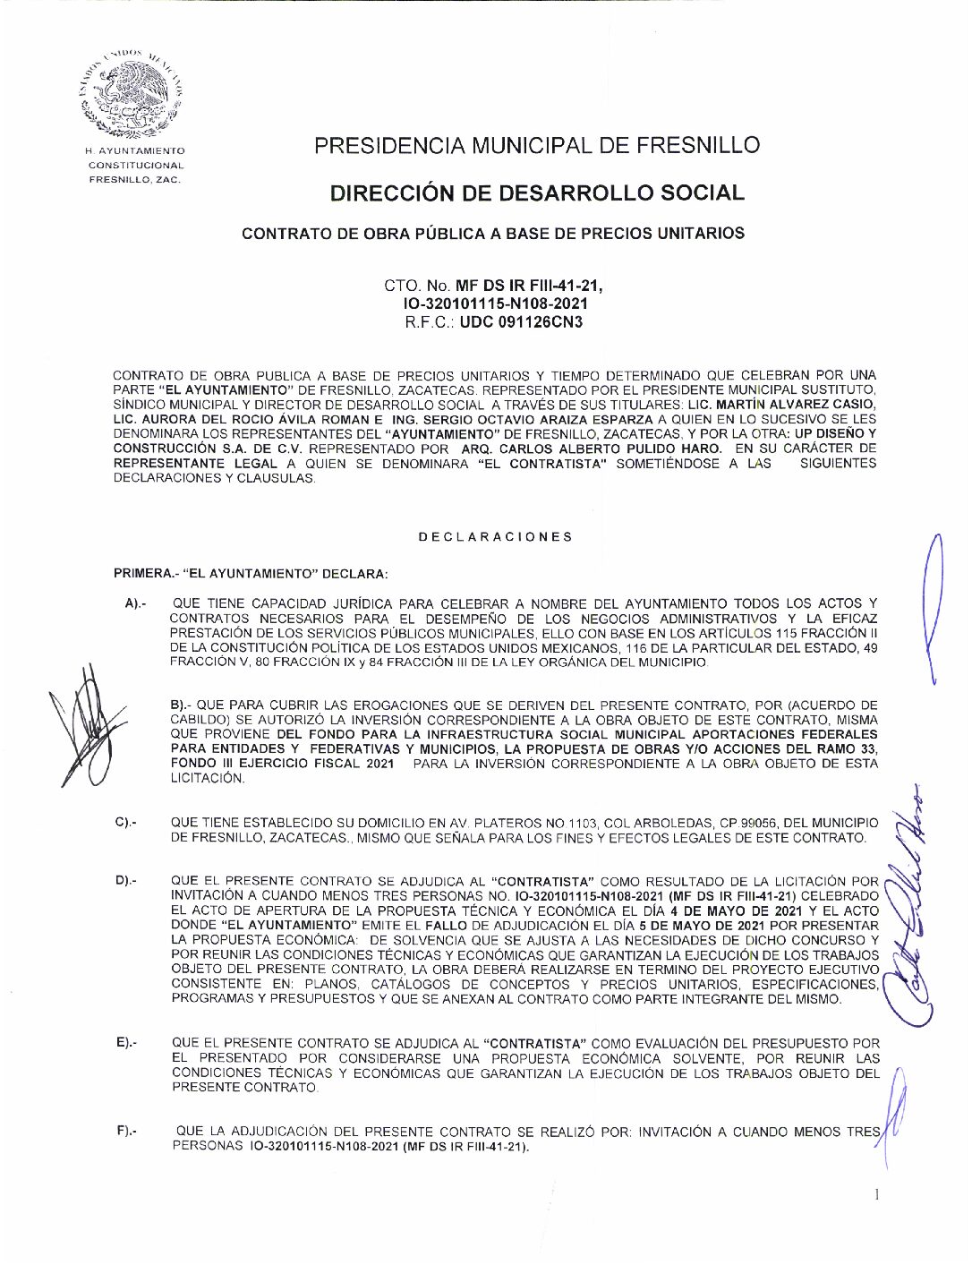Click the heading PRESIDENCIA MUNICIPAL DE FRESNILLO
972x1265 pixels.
(x=537, y=145)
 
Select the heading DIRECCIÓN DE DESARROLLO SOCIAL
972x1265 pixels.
(x=537, y=192)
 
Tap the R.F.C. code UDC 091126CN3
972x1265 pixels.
(x=521, y=321)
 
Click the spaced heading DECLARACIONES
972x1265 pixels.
(x=495, y=536)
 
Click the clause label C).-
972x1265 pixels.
(x=126, y=822)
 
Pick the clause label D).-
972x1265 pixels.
(x=126, y=882)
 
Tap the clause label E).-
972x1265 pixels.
(x=126, y=1043)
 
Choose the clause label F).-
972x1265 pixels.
(x=126, y=1133)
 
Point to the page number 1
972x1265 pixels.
(x=877, y=1194)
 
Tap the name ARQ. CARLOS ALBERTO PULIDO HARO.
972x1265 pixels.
(x=597, y=449)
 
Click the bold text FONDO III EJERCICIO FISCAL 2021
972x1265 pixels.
(x=282, y=764)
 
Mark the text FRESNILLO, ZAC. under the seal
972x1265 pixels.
(x=134, y=179)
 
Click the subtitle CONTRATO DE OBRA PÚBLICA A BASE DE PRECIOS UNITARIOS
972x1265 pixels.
(x=493, y=234)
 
